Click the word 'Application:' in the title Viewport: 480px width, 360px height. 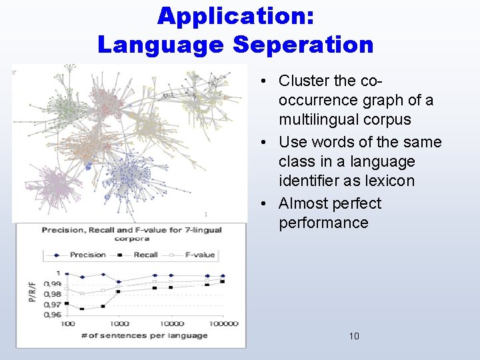coord(235,16)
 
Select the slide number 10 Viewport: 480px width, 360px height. coord(353,336)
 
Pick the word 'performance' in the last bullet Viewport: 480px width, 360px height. coord(323,223)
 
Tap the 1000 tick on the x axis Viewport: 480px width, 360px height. coord(119,323)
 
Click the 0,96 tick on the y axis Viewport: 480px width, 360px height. coord(52,314)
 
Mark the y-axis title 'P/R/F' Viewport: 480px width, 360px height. coord(32,292)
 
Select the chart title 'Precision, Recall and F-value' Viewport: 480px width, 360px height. coord(131,230)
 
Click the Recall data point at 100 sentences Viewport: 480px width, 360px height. coord(67,304)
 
